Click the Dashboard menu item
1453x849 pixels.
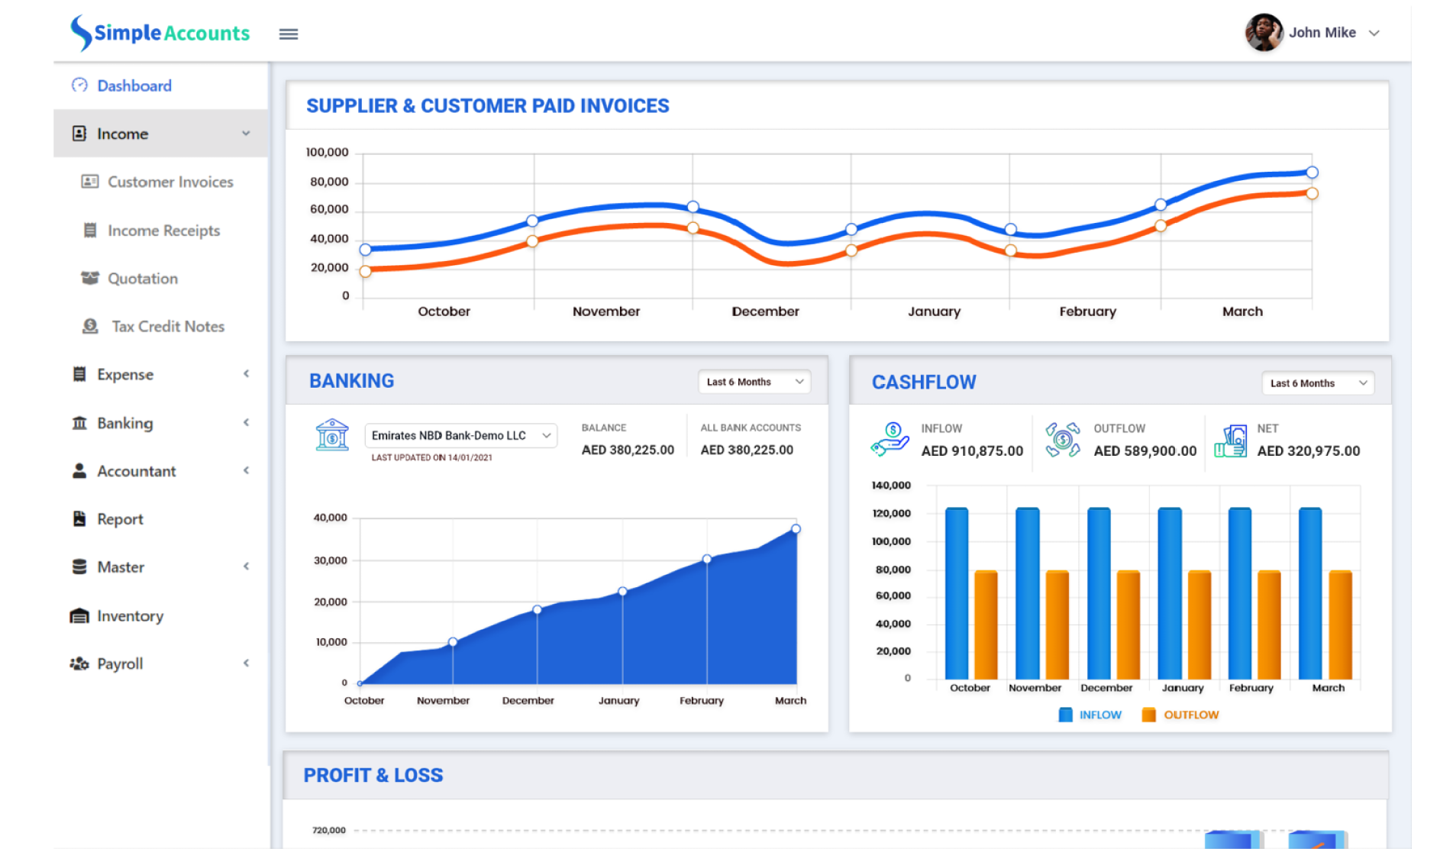(x=134, y=86)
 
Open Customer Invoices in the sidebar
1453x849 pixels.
(x=170, y=182)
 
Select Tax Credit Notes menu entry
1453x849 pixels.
(x=167, y=326)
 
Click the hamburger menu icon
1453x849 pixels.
(x=288, y=34)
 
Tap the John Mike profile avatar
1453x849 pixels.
(x=1264, y=33)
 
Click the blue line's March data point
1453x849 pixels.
(x=1312, y=173)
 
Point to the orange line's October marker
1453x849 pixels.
(x=365, y=271)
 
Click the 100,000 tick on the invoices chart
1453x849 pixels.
(x=327, y=152)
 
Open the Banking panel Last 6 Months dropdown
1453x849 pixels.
(x=754, y=382)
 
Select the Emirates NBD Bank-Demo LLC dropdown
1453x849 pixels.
(x=460, y=435)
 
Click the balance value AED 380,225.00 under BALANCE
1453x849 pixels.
(x=628, y=450)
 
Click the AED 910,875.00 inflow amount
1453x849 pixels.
(x=971, y=450)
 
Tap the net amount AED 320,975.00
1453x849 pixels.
(x=1308, y=450)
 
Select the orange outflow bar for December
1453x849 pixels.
(x=1128, y=625)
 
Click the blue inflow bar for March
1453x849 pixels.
(x=1309, y=593)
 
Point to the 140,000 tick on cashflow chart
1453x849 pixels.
(x=890, y=485)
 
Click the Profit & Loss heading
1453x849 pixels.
(x=373, y=775)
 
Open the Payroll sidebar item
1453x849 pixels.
(x=120, y=663)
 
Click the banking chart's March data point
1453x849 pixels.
(x=796, y=528)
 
